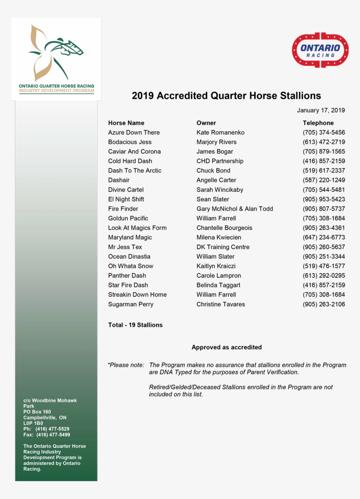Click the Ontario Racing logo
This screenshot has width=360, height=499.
tap(320, 50)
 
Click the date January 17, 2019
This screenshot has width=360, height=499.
tap(320, 110)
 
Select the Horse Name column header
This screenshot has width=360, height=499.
tap(126, 123)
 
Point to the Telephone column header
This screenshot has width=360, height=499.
tap(318, 123)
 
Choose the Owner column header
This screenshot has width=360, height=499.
tap(206, 123)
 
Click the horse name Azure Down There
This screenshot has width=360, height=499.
tap(134, 133)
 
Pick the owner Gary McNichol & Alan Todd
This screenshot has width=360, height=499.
tap(234, 209)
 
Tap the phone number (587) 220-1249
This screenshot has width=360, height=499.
tap(324, 180)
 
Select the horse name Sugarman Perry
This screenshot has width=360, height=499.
tap(130, 305)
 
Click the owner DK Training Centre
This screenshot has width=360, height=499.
tap(223, 247)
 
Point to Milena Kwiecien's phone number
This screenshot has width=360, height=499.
tap(324, 237)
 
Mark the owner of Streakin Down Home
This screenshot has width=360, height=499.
tap(216, 295)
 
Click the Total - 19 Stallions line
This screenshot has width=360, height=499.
tap(135, 325)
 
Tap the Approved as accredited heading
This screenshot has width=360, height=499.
tap(227, 347)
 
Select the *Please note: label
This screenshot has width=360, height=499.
tap(126, 365)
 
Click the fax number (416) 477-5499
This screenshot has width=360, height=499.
tap(53, 435)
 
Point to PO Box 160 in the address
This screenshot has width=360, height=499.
tap(37, 412)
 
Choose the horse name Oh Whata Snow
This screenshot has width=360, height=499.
tap(130, 266)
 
